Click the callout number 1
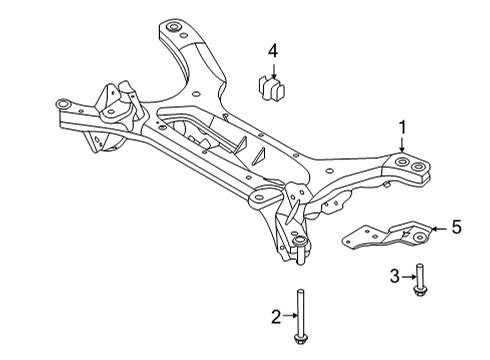pyautogui.click(x=402, y=127)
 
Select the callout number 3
pyautogui.click(x=394, y=275)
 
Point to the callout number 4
pyautogui.click(x=272, y=49)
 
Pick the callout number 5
pyautogui.click(x=456, y=227)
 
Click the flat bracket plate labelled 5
pyautogui.click(x=387, y=240)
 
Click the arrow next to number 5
pyautogui.click(x=438, y=228)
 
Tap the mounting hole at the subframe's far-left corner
pyautogui.click(x=63, y=103)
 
